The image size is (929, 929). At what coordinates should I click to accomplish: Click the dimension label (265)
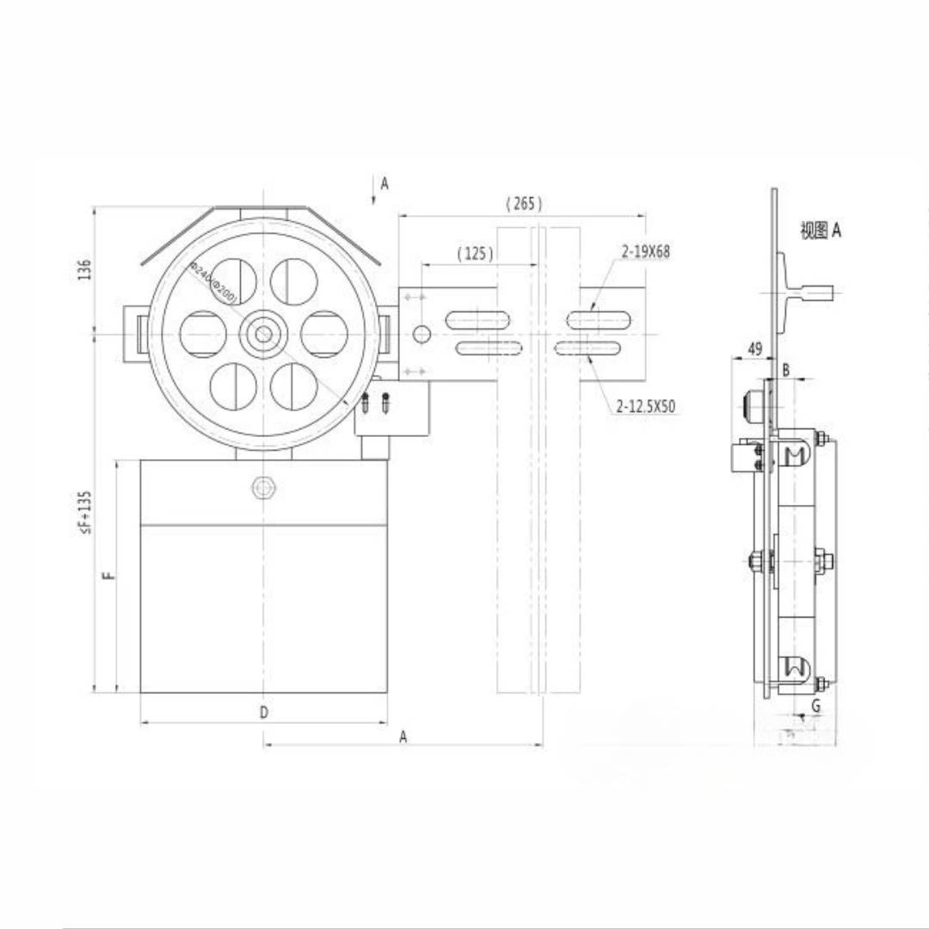click(524, 204)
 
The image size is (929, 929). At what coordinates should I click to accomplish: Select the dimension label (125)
click(475, 254)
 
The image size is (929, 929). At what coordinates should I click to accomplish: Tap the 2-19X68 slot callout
click(645, 252)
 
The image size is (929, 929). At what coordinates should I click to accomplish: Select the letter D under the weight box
click(264, 712)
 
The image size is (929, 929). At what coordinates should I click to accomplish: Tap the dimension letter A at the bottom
click(403, 737)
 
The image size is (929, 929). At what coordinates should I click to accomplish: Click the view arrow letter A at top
click(385, 183)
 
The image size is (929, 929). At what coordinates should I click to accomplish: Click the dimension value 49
click(754, 348)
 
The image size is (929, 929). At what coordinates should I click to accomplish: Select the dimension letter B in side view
click(785, 370)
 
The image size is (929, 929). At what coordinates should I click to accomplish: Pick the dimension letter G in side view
click(815, 705)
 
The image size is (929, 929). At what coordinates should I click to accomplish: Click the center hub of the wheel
click(264, 335)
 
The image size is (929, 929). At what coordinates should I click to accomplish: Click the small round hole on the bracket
click(421, 334)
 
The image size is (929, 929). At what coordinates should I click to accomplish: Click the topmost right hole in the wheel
click(294, 281)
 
